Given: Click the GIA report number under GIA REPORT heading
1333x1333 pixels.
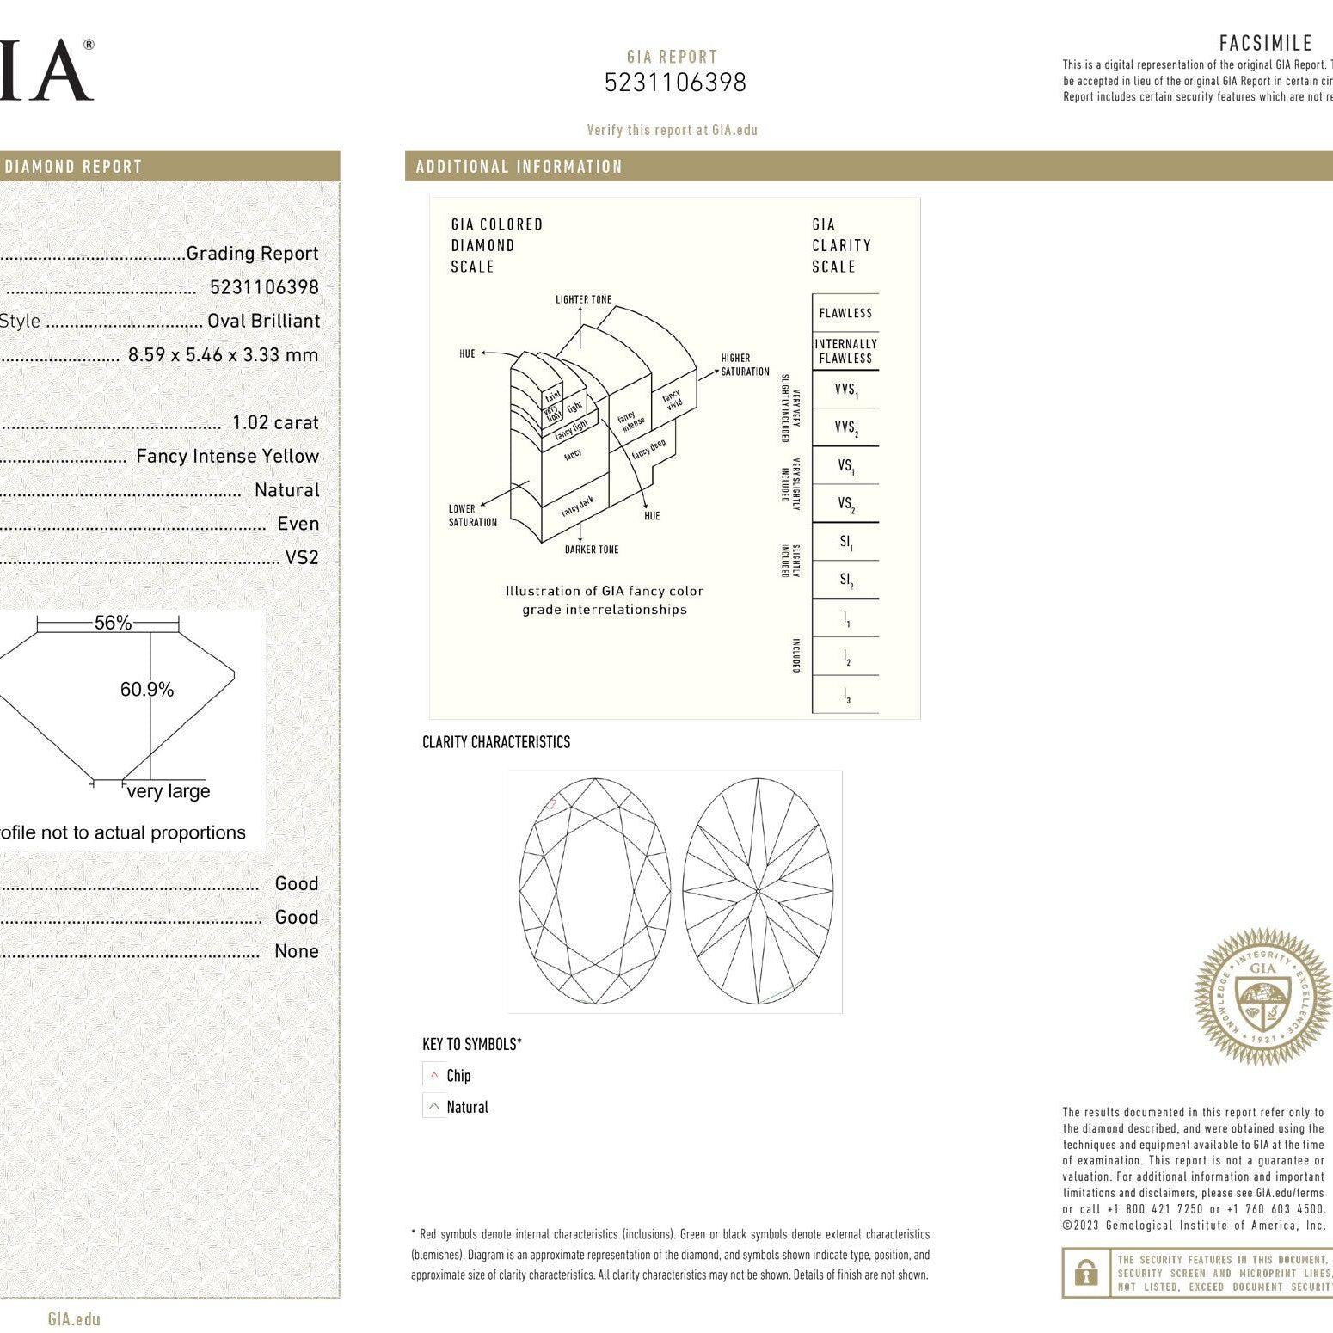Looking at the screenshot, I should click(674, 83).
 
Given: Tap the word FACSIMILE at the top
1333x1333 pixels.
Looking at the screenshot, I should click(1265, 43).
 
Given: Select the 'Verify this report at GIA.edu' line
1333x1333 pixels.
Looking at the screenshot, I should click(672, 130).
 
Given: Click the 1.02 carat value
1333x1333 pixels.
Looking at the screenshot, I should click(275, 422).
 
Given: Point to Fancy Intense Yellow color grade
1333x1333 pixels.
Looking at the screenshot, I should click(227, 456).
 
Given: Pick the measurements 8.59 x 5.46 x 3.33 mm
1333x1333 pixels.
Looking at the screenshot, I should click(223, 354).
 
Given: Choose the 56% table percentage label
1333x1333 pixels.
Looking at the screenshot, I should click(113, 623).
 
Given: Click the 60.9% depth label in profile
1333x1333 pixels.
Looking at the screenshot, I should click(147, 689).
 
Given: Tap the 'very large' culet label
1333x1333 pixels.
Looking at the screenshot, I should click(169, 791).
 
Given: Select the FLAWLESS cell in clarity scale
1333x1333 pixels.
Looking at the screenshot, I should click(845, 313).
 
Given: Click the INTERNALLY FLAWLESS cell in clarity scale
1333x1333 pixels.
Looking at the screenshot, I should click(845, 351).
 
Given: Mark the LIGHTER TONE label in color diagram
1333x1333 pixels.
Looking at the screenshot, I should click(583, 299).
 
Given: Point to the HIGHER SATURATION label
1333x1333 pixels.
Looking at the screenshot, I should click(745, 365).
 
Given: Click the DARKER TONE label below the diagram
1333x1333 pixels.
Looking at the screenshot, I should click(591, 550).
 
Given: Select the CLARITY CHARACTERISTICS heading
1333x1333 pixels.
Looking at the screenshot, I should click(496, 742).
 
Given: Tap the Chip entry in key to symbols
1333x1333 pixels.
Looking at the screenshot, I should click(458, 1076).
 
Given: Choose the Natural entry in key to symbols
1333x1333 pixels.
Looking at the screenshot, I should click(467, 1107).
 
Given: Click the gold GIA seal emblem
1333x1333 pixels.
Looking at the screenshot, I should click(1262, 997).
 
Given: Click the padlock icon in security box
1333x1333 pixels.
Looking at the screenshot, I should click(1086, 1273).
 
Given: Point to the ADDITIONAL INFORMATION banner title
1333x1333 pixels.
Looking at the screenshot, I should click(519, 167).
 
